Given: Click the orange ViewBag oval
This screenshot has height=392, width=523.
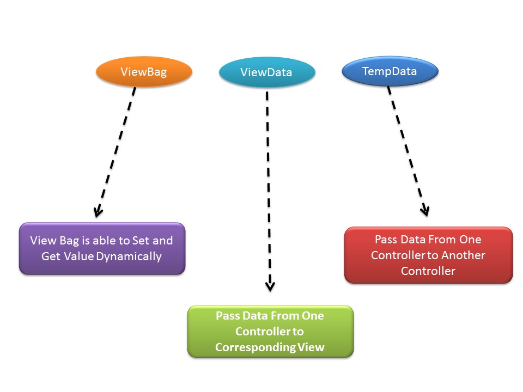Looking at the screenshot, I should pyautogui.click(x=144, y=71).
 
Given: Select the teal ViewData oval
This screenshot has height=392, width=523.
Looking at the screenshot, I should pyautogui.click(x=266, y=72).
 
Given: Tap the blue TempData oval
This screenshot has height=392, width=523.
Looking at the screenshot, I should pyautogui.click(x=390, y=71).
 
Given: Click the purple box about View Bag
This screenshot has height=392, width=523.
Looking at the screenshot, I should pyautogui.click(x=102, y=248).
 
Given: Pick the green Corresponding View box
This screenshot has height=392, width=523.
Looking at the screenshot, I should pyautogui.click(x=270, y=331).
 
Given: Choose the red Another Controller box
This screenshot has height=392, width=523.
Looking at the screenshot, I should pyautogui.click(x=428, y=255).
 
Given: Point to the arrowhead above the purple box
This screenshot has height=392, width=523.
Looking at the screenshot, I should pyautogui.click(x=98, y=211).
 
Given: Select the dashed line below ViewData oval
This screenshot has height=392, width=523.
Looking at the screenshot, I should pyautogui.click(x=268, y=185).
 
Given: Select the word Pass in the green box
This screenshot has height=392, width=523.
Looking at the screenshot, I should pyautogui.click(x=227, y=316).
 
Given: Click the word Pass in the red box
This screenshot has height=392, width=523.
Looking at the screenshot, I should pyautogui.click(x=386, y=240).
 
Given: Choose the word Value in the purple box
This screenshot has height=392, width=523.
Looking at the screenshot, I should pyautogui.click(x=80, y=256).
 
